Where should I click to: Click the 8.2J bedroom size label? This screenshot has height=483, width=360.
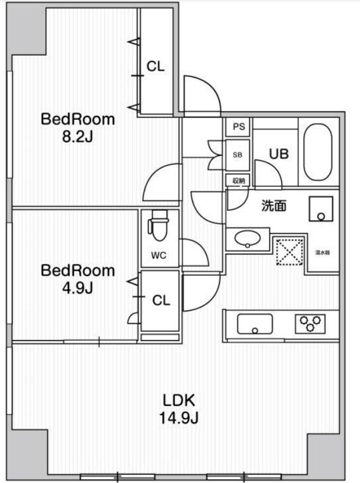click(77, 140)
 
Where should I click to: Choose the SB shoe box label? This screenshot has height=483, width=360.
click(238, 155)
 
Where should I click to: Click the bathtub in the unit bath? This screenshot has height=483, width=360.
click(318, 152)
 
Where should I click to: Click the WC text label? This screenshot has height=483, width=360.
click(159, 255)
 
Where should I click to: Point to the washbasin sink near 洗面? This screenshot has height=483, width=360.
click(247, 238)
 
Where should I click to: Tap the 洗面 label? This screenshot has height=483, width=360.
click(274, 206)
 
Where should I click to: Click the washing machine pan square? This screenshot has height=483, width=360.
click(321, 209)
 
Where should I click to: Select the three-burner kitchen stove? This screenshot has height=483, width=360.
click(310, 323)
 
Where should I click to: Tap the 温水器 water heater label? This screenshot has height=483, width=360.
click(323, 253)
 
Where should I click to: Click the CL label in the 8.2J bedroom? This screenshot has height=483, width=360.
click(155, 67)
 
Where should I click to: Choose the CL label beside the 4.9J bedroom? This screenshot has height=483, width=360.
click(161, 301)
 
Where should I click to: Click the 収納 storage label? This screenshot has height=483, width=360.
click(239, 181)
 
